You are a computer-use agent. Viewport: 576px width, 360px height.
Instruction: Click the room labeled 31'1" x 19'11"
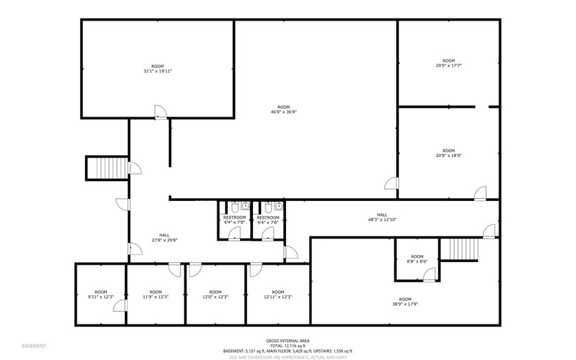click(x=157, y=69)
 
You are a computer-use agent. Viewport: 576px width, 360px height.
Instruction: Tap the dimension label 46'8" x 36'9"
click(x=283, y=110)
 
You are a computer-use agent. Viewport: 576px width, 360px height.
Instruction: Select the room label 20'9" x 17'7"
click(x=448, y=63)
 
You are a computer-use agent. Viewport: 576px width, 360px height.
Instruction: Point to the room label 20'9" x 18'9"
click(x=448, y=153)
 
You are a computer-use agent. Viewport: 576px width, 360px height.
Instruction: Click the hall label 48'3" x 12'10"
click(x=382, y=217)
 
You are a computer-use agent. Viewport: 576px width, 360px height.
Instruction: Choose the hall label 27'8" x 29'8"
click(x=165, y=237)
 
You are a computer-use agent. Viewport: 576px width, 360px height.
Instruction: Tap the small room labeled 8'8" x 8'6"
click(x=416, y=259)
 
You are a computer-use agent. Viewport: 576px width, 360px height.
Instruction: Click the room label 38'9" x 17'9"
click(x=405, y=302)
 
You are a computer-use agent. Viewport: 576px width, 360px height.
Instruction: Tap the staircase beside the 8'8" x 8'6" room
click(x=453, y=250)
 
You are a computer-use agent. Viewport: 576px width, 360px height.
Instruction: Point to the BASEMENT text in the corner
click(x=34, y=345)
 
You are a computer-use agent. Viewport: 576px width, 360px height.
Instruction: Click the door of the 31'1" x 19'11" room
click(x=160, y=112)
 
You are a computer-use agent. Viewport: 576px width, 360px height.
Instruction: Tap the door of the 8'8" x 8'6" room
click(x=429, y=275)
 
